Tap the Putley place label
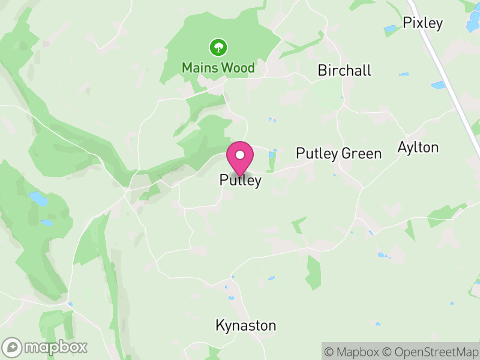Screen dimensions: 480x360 [240, 180]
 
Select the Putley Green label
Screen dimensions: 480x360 [338, 154]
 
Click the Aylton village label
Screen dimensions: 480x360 [418, 147]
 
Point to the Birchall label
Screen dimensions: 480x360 [344, 70]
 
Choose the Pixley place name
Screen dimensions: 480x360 [422, 23]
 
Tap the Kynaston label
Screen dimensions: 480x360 [246, 326]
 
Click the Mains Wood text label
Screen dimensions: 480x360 [218, 68]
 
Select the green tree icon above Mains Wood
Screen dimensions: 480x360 [218, 46]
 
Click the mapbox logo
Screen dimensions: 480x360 [46, 347]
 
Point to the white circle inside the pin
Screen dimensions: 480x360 [240, 155]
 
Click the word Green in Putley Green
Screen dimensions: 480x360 [361, 154]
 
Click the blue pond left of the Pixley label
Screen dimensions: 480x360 [391, 28]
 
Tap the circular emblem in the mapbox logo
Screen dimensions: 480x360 [12, 347]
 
